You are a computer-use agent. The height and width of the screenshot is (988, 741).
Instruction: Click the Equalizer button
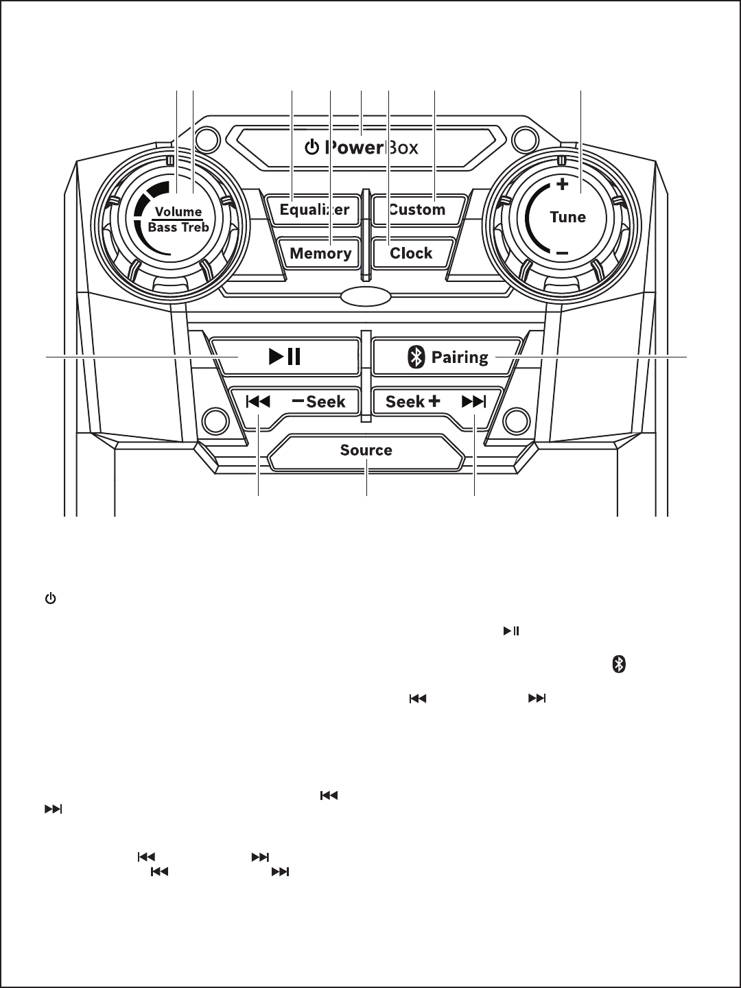tap(314, 210)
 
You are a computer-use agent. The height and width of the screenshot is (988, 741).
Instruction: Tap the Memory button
tap(320, 253)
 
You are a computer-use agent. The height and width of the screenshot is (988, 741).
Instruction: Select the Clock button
tap(411, 253)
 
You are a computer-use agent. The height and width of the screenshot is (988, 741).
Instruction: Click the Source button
tap(366, 451)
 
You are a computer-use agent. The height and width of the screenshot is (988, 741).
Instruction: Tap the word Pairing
tap(460, 357)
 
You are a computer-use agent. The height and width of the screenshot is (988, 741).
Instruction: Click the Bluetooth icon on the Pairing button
tap(416, 357)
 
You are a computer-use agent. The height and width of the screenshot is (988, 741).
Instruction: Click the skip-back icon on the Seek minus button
tap(258, 401)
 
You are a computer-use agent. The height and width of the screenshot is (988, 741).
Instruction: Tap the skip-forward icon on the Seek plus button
tap(473, 401)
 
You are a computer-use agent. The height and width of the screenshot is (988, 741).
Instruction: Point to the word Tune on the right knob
tap(568, 217)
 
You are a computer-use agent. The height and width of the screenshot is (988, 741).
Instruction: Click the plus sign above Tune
tap(563, 184)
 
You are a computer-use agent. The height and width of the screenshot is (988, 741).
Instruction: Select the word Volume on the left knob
tap(178, 211)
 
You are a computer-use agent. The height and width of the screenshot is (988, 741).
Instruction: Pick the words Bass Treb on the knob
tap(178, 227)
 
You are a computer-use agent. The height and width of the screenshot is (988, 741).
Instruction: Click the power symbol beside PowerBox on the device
tap(311, 148)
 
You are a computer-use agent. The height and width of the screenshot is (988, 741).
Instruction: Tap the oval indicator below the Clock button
tap(366, 296)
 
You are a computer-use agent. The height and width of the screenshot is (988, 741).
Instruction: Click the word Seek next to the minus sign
tap(326, 401)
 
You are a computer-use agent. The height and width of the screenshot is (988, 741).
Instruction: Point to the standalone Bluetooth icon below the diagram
tap(619, 664)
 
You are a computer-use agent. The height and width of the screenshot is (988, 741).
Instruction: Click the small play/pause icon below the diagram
tap(511, 631)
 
